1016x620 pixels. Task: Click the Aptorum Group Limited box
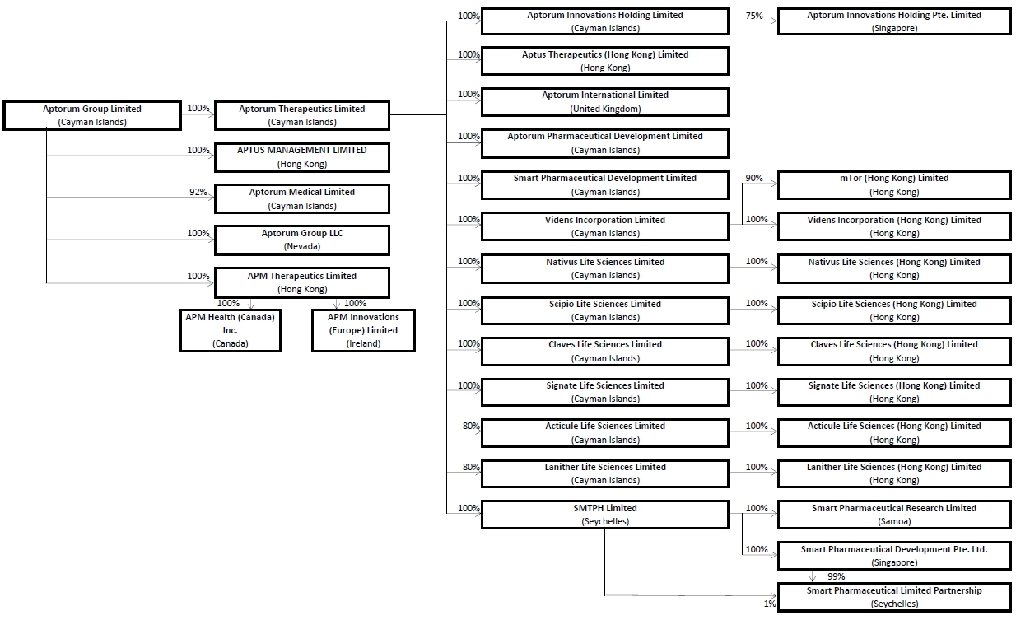(x=92, y=115)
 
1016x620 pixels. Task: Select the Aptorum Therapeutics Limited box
(x=302, y=115)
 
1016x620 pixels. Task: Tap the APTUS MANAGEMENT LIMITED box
(x=302, y=157)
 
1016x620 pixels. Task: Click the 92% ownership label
(x=198, y=192)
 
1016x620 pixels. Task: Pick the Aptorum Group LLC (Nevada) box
(x=302, y=240)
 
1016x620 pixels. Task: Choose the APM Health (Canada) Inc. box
(x=230, y=330)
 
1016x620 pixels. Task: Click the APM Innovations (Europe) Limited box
(x=363, y=330)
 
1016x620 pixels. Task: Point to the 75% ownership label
(x=754, y=16)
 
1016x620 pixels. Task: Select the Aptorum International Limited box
(x=605, y=101)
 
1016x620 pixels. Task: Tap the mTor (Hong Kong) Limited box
(x=894, y=184)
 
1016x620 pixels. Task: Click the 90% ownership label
(x=754, y=178)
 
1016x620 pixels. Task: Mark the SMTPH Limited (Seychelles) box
(x=605, y=515)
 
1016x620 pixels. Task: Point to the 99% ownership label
(x=836, y=576)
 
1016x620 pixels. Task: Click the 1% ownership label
(x=770, y=604)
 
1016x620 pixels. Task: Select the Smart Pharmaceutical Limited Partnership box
(x=894, y=597)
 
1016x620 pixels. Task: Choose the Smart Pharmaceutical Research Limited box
(x=894, y=515)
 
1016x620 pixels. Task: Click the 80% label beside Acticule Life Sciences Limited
(x=471, y=426)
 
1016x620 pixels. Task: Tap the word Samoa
(x=894, y=521)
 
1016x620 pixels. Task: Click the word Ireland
(x=363, y=344)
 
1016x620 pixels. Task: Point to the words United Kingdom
(x=605, y=109)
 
